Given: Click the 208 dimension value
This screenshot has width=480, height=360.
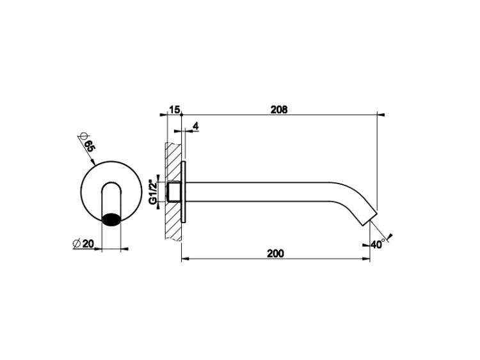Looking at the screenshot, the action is pos(279,109).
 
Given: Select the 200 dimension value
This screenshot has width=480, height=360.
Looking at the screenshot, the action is pos(275,254).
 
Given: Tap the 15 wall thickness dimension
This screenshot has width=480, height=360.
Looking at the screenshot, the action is pos(174,109).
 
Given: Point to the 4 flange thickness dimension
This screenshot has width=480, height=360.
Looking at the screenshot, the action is pos(196,126).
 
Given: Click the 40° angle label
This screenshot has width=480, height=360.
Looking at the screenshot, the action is pos(378,244).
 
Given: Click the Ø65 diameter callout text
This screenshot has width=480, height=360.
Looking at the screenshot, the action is pos(87,143).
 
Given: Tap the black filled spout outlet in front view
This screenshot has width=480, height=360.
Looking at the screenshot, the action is pos(111,219).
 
